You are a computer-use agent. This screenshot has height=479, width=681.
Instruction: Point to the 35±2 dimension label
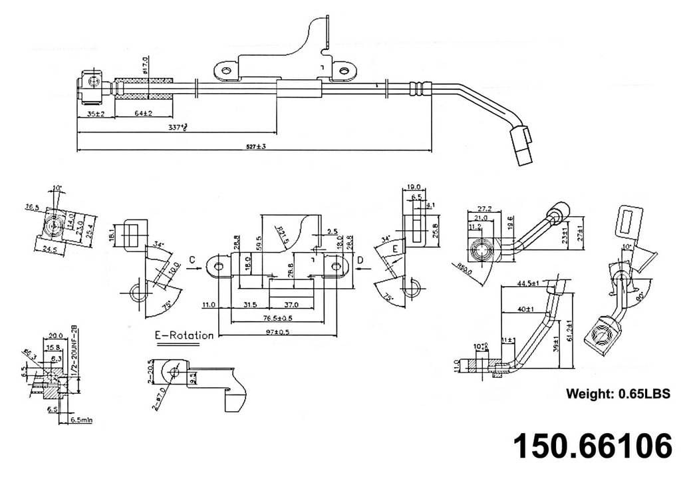coord(96,114)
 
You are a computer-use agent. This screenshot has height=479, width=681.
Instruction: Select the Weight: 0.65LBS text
coord(618,393)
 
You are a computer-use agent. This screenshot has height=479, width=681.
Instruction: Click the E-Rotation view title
coord(184,335)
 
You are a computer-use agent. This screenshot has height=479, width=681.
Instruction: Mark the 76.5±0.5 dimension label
coord(273,318)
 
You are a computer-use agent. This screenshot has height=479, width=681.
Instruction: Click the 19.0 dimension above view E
coord(414,188)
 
